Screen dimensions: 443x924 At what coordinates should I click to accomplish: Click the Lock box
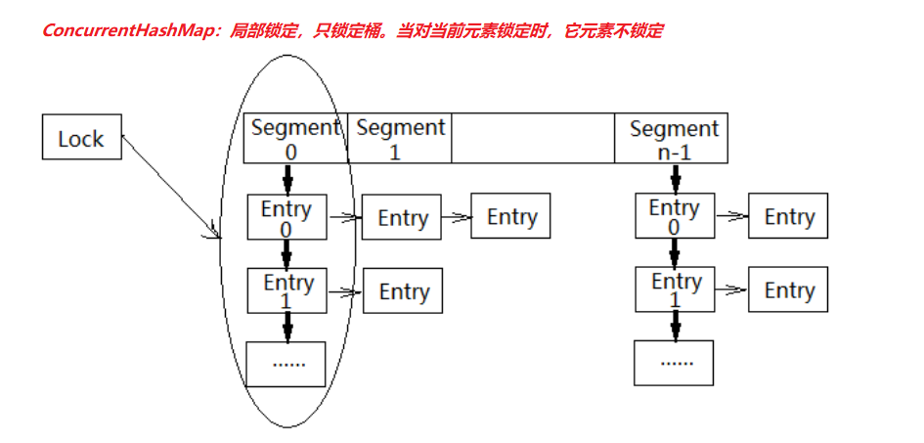pyautogui.click(x=81, y=138)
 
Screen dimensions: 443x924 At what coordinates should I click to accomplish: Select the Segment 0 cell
pyautogui.click(x=294, y=139)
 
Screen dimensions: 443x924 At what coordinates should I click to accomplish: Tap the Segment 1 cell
pyautogui.click(x=400, y=139)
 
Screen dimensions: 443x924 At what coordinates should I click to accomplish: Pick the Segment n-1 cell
pyautogui.click(x=673, y=139)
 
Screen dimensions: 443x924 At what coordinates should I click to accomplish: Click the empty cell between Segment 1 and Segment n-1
pyautogui.click(x=533, y=139)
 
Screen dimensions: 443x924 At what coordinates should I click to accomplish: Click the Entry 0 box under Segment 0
pyautogui.click(x=286, y=217)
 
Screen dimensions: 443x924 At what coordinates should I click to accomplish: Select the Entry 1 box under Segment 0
pyautogui.click(x=287, y=290)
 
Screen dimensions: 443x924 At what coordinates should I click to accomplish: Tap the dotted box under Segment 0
pyautogui.click(x=287, y=364)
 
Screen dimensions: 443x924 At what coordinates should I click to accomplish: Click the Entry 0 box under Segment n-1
pyautogui.click(x=674, y=217)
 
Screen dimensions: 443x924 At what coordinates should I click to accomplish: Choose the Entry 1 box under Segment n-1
pyautogui.click(x=676, y=290)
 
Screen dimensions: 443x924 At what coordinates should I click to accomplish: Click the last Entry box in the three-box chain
pyautogui.click(x=511, y=216)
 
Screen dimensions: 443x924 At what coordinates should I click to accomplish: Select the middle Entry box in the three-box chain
pyautogui.click(x=402, y=217)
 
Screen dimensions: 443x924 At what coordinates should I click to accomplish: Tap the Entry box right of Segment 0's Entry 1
pyautogui.click(x=403, y=291)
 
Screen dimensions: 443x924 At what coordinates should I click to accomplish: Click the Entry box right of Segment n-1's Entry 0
pyautogui.click(x=788, y=216)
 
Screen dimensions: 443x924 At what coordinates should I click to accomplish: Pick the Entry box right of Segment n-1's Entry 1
pyautogui.click(x=788, y=290)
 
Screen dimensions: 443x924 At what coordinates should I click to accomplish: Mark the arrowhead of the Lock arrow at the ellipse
pyautogui.click(x=217, y=234)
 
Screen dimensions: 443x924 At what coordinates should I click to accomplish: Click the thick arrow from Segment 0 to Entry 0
pyautogui.click(x=287, y=179)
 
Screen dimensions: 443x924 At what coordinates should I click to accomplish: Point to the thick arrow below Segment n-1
pyautogui.click(x=675, y=179)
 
